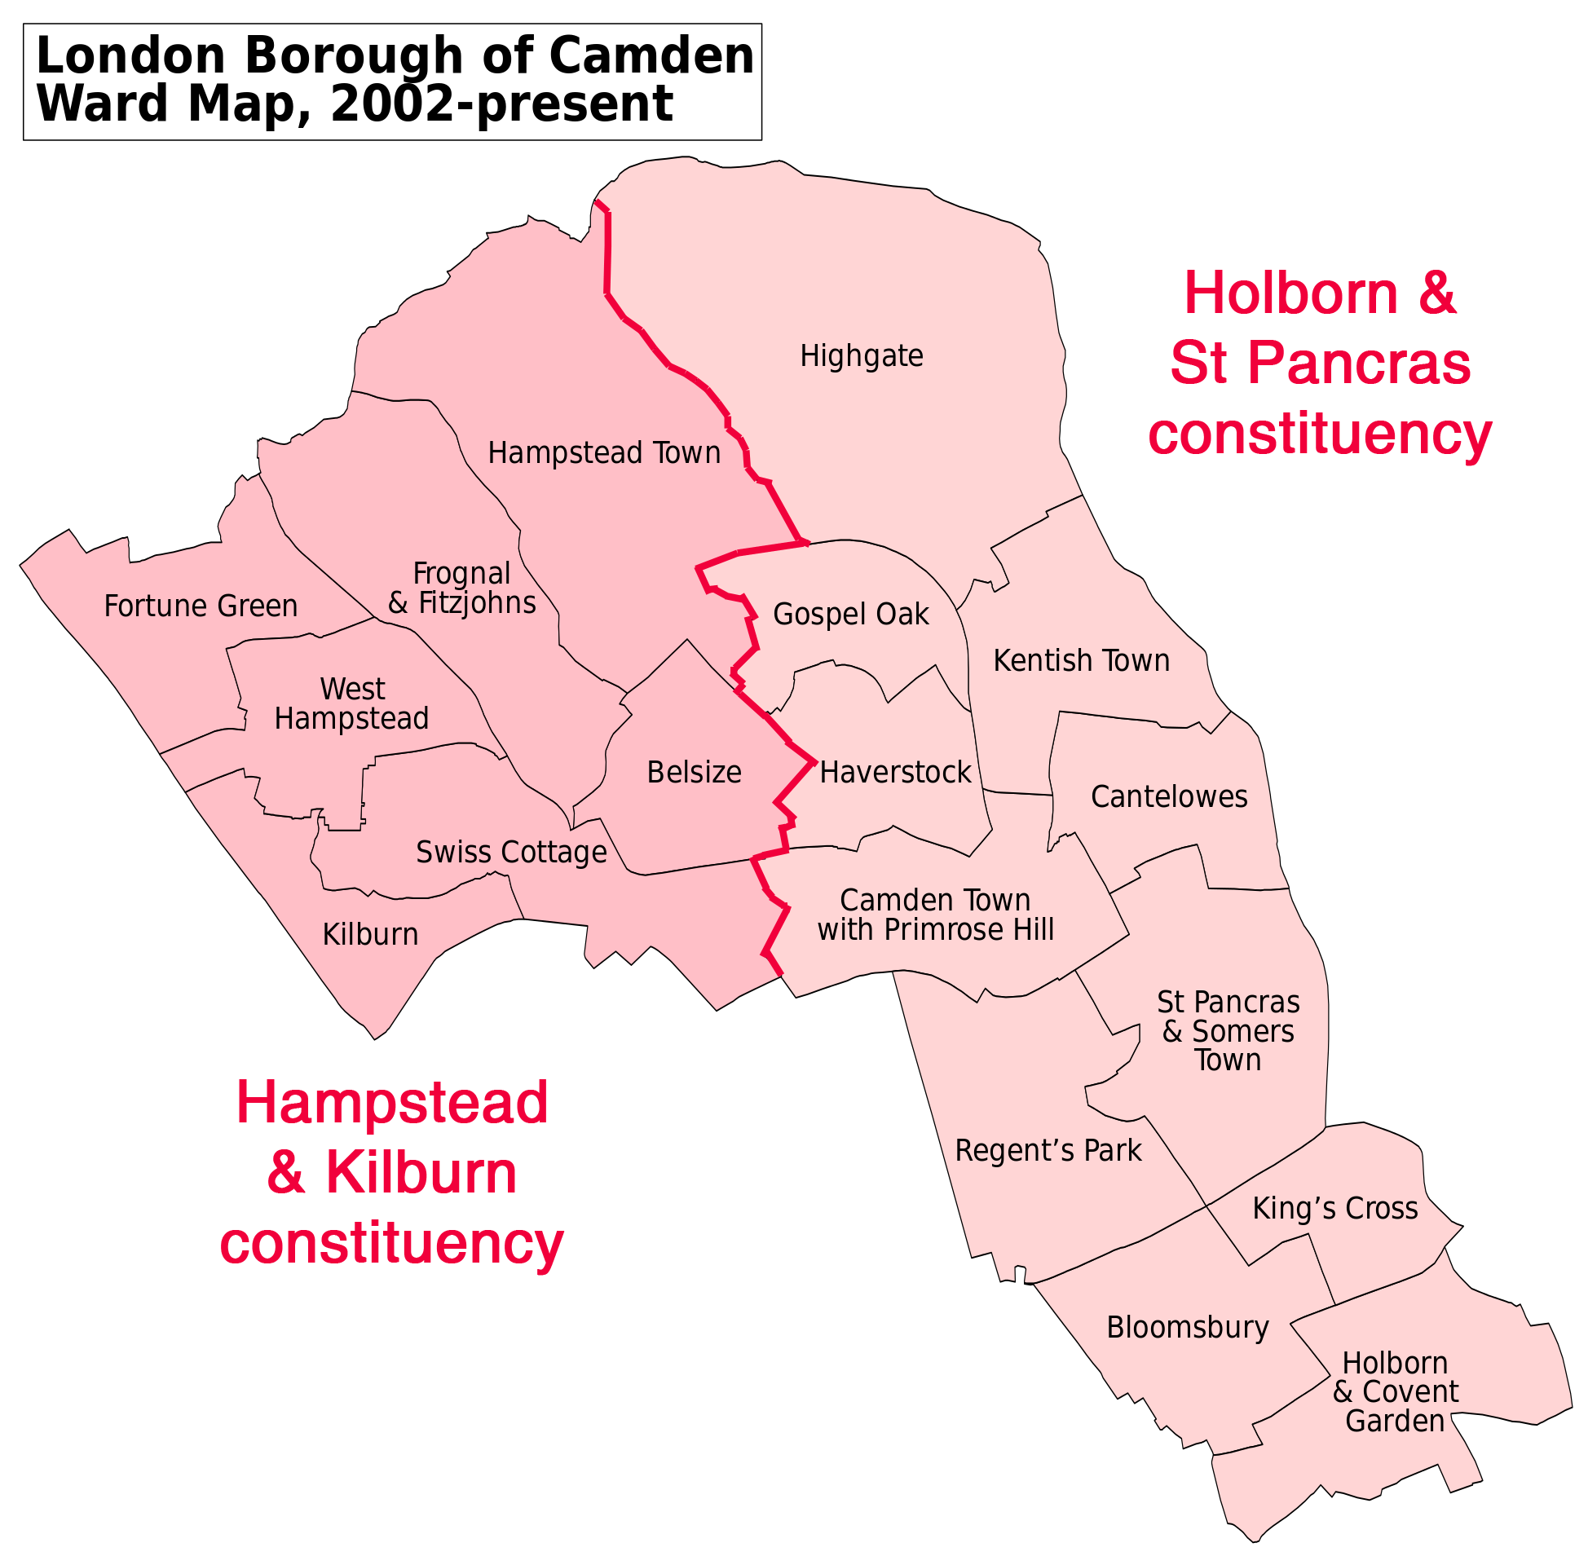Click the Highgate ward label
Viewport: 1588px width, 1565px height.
pyautogui.click(x=862, y=357)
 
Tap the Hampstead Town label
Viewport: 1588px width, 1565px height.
pyautogui.click(x=604, y=453)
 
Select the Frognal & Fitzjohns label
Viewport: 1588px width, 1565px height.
pyautogui.click(x=462, y=588)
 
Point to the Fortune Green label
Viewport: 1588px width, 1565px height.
pyautogui.click(x=201, y=606)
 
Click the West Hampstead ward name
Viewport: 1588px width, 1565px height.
pyautogui.click(x=352, y=703)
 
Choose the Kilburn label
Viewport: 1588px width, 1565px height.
pyautogui.click(x=371, y=935)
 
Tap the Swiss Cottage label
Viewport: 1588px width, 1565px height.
pyautogui.click(x=511, y=853)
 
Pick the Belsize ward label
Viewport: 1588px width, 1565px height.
pyautogui.click(x=694, y=773)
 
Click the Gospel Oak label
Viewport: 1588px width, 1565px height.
pyautogui.click(x=851, y=614)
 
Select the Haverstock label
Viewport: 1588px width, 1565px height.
pyautogui.click(x=896, y=773)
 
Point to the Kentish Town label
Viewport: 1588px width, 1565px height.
pyautogui.click(x=1081, y=660)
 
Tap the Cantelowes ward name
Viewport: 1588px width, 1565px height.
pyautogui.click(x=1169, y=796)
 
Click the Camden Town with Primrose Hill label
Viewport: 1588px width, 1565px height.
pyautogui.click(x=935, y=915)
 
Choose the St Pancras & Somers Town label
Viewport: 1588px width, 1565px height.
pyautogui.click(x=1228, y=1032)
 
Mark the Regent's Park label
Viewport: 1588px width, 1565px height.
pyautogui.click(x=1048, y=1151)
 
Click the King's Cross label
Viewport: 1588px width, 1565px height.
pyautogui.click(x=1334, y=1208)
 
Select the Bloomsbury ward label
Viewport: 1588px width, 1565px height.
pyautogui.click(x=1188, y=1328)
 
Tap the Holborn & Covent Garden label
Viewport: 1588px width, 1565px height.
pyautogui.click(x=1395, y=1391)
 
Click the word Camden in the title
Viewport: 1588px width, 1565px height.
pyautogui.click(x=651, y=56)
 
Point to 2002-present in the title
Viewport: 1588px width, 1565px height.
pyautogui.click(x=501, y=104)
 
